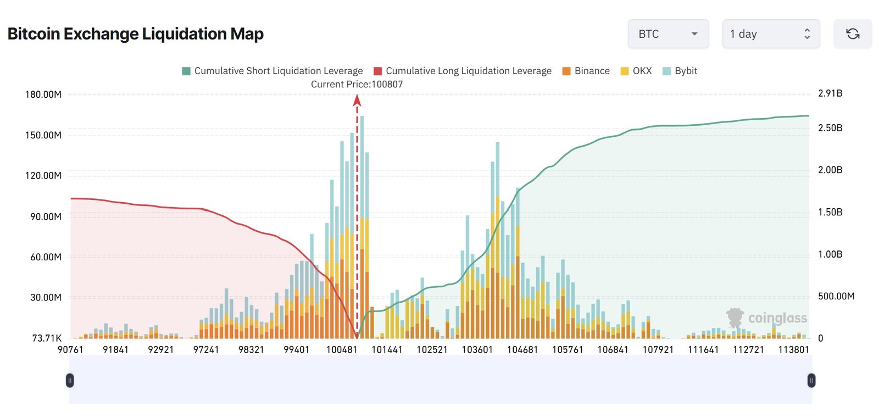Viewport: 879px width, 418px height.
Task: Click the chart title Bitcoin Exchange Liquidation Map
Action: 136,34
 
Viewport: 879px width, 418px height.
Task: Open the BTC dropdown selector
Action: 668,34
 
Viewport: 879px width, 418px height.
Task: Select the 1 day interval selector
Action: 770,34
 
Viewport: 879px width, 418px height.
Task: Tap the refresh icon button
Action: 852,34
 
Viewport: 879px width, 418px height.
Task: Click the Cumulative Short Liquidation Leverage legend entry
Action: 272,71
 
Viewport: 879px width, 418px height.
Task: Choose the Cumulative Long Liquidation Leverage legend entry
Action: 463,71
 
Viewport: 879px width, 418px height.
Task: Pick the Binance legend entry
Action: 586,71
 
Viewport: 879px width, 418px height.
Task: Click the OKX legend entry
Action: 636,71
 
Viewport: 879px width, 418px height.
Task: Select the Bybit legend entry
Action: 680,71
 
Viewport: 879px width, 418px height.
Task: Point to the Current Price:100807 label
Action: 357,84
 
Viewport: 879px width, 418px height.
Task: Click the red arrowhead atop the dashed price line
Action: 357,100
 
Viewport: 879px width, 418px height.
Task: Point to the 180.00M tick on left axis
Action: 43,94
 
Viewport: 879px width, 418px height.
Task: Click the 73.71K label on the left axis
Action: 47,338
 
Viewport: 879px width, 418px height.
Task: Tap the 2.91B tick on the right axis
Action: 830,93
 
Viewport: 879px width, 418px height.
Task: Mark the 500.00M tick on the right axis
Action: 836,296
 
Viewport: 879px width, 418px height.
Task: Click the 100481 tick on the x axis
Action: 342,349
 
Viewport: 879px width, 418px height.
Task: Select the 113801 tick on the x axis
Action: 793,349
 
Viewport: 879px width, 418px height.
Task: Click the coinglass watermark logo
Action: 767,318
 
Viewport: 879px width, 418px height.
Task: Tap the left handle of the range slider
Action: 70,380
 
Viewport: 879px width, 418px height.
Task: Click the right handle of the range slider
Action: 811,380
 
